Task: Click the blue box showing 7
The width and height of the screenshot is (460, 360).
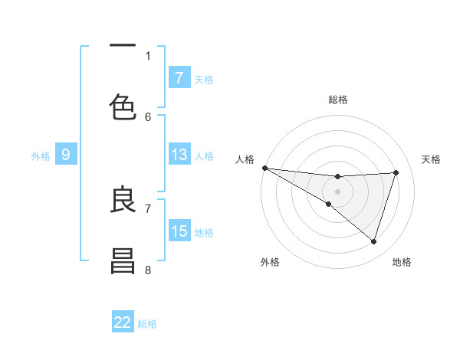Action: coord(179,77)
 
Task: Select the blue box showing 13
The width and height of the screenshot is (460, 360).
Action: coord(179,155)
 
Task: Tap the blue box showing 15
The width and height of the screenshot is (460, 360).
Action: coord(179,231)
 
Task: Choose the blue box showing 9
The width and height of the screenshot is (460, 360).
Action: coord(66,155)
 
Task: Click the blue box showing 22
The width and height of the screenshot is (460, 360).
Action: coord(123,322)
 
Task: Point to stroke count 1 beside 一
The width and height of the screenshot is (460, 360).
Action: coord(148,55)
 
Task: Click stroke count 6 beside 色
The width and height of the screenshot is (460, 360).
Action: coord(148,116)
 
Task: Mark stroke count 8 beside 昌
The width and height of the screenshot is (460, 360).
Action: coord(148,270)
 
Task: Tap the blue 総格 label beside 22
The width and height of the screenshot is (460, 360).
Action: coord(147,323)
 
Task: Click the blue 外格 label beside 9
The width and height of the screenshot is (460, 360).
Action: coord(41,155)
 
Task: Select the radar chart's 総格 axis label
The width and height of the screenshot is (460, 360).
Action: coord(337,100)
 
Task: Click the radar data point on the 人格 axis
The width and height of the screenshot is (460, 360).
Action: coord(264,168)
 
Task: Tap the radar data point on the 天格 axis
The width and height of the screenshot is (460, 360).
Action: coord(396,172)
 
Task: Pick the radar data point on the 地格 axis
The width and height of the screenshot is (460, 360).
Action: coord(373,241)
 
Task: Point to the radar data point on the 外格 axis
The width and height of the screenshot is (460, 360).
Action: coord(328,204)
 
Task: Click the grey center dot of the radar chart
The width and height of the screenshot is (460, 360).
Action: coord(337,191)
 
